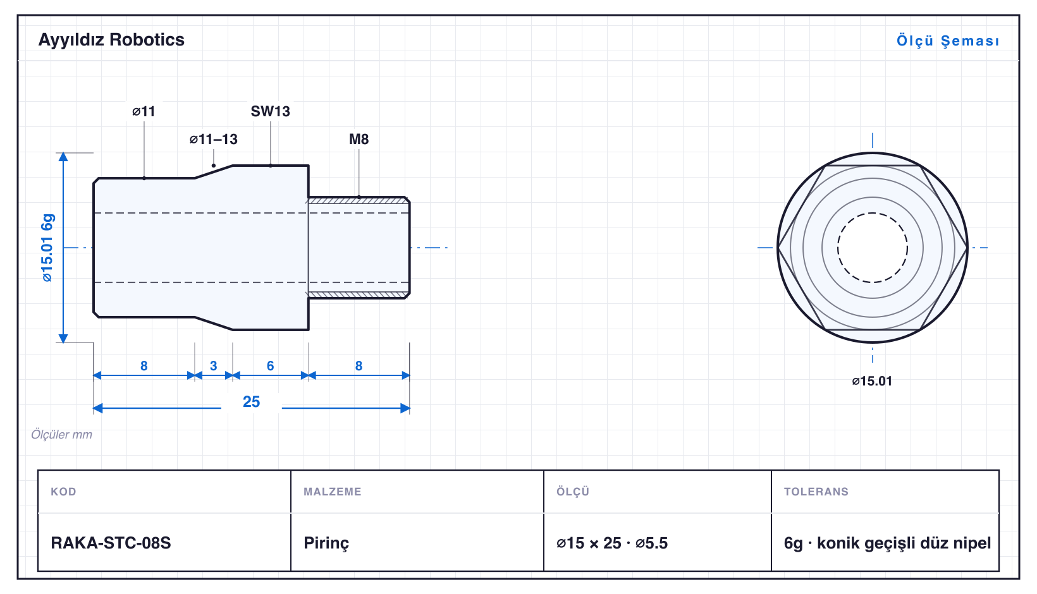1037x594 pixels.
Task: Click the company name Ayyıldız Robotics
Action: click(111, 40)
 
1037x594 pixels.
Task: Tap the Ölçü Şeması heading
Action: click(948, 40)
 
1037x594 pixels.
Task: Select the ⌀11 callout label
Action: click(144, 111)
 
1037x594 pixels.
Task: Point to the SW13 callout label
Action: click(271, 111)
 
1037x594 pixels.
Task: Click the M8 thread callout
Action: click(359, 139)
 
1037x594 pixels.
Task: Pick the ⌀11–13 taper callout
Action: click(214, 139)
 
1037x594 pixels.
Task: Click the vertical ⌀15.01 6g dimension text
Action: click(47, 248)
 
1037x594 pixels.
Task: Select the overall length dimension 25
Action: click(252, 401)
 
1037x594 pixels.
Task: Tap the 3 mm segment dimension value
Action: click(214, 366)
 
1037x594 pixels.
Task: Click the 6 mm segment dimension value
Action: click(271, 366)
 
